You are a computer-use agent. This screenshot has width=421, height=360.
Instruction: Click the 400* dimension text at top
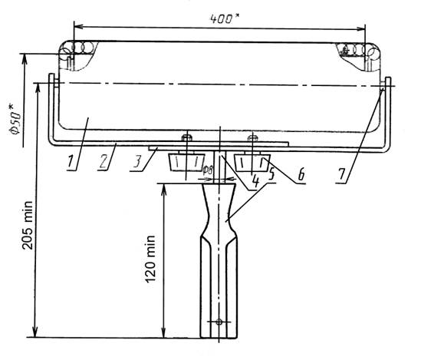coord(225,18)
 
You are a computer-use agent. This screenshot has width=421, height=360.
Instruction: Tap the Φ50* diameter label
coord(15,120)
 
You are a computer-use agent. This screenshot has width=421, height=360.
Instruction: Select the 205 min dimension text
coord(28,225)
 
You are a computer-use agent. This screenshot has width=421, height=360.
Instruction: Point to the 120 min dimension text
coord(150,259)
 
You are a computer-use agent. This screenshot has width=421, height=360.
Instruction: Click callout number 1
coord(71,161)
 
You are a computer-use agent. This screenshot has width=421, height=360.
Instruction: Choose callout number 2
coord(104,162)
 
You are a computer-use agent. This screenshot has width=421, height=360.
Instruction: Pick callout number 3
coord(137,162)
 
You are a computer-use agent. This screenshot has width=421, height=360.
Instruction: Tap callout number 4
coord(256,181)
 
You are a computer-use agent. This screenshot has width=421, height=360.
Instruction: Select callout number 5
coord(271,174)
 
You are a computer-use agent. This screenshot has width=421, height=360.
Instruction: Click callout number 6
coord(302,174)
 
